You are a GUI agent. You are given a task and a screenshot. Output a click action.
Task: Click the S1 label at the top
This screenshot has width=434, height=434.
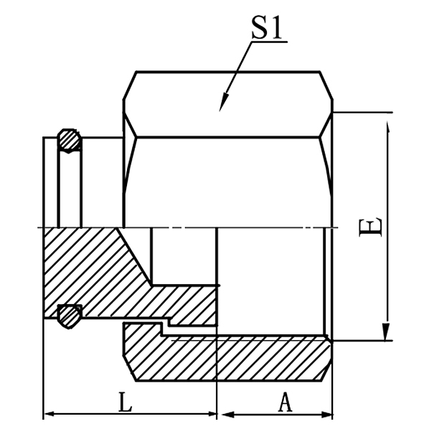[266, 29]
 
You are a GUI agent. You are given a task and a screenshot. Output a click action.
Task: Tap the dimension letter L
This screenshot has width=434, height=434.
[125, 403]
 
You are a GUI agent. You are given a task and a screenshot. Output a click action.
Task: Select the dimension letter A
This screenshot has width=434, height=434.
[285, 403]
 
